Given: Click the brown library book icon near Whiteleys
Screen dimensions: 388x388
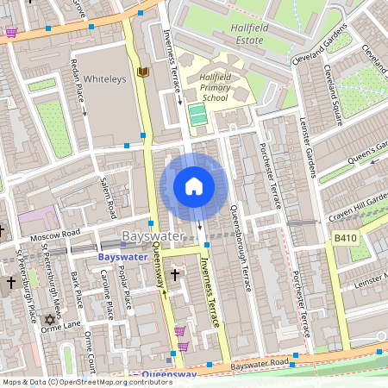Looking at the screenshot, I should click(142, 72).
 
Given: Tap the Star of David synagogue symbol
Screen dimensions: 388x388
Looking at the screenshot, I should click(49, 320).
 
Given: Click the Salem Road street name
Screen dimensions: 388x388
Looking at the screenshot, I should click(107, 195).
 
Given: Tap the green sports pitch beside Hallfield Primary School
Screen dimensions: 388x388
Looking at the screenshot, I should click(197, 115).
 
